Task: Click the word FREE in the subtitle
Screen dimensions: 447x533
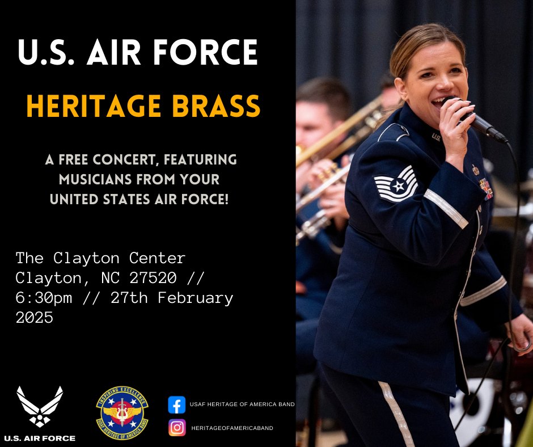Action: point(83,160)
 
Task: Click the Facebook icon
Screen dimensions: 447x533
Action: point(177,404)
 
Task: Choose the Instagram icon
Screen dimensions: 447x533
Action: point(177,427)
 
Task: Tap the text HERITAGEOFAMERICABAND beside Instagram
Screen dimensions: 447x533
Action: point(232,428)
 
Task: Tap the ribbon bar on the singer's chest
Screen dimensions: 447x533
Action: point(485,188)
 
